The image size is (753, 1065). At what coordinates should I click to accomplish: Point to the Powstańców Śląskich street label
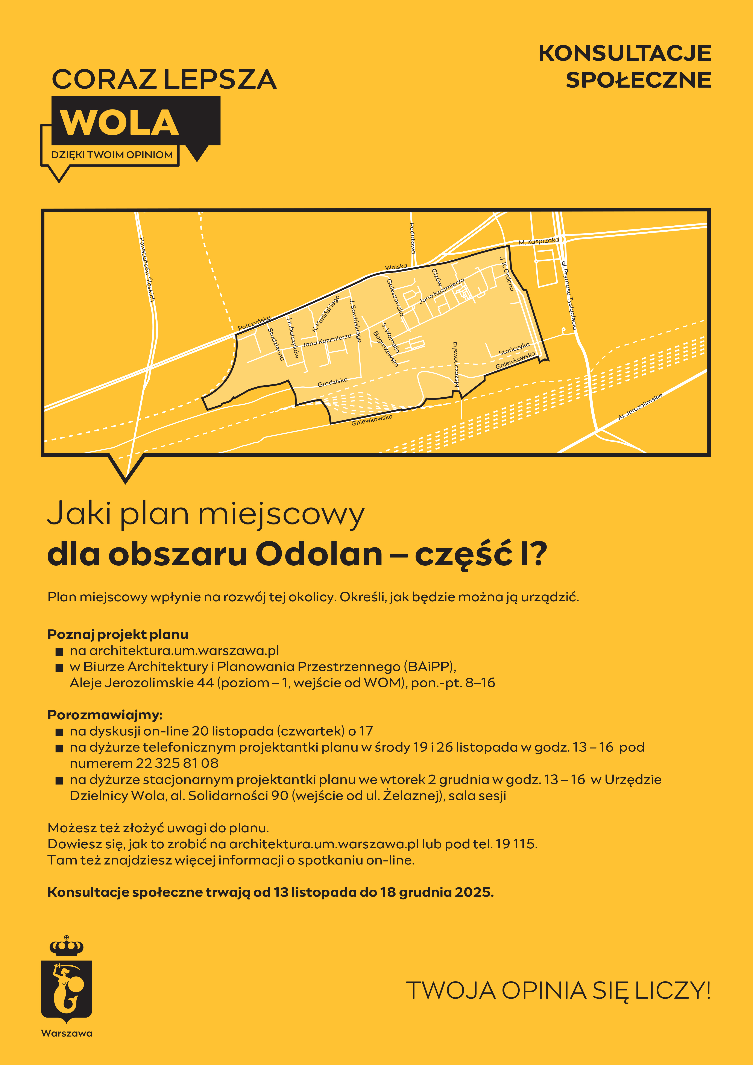tap(147, 269)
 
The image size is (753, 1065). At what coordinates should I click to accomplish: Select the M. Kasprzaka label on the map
tap(539, 241)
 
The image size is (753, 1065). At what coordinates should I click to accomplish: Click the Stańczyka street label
tap(514, 349)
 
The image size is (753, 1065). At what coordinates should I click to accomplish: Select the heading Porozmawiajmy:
tap(105, 715)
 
